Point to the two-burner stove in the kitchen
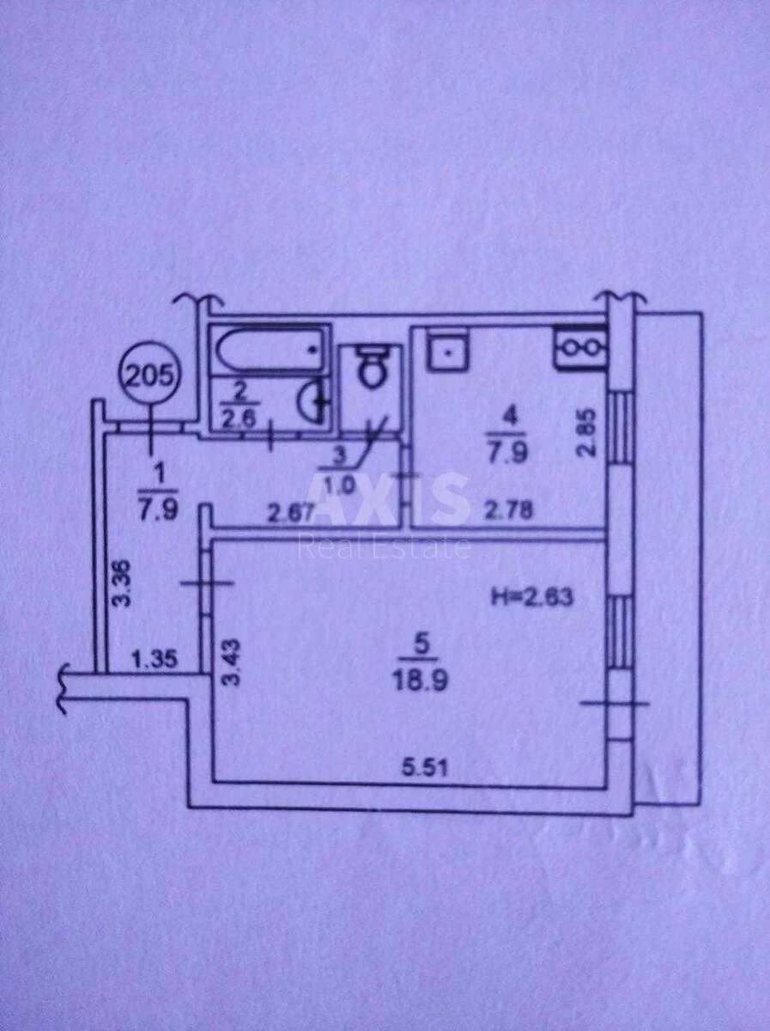(x=579, y=345)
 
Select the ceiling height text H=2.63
(x=531, y=598)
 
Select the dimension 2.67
(x=291, y=512)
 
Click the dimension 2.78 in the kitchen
(x=510, y=509)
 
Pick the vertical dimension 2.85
(x=586, y=433)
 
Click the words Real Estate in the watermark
(x=385, y=547)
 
